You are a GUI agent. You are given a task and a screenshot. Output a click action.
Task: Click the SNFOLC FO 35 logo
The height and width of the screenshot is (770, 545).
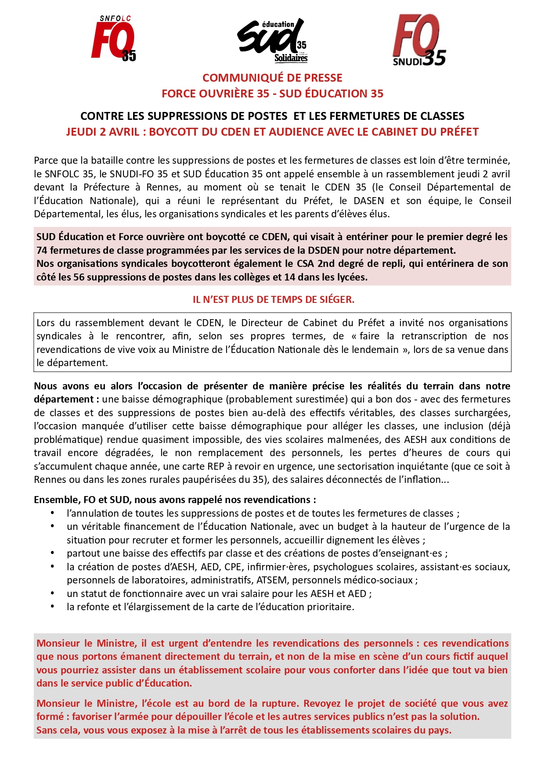pos(113,39)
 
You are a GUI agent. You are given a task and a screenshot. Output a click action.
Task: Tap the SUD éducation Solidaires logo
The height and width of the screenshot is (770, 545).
pos(272,40)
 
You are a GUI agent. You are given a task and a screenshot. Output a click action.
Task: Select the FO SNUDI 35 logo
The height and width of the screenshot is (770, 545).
pos(419,40)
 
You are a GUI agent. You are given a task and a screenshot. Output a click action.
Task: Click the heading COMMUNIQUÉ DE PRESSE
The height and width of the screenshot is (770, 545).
pos(272,78)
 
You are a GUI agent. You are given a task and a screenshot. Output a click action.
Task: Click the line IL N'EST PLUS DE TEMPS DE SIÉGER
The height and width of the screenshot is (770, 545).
pos(273,299)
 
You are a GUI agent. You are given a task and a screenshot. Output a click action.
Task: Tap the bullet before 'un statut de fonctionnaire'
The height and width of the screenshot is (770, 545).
pos(53,594)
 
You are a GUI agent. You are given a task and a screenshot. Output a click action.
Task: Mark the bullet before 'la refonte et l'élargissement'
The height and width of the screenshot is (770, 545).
pos(53,607)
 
